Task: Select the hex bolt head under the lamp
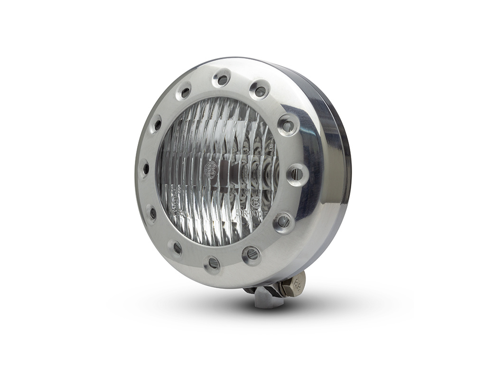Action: click(296, 287)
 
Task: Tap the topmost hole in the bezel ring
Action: click(222, 79)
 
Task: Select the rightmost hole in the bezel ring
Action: click(297, 174)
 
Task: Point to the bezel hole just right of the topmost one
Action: click(259, 90)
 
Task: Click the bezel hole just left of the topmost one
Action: click(184, 92)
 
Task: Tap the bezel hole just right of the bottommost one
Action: click(251, 254)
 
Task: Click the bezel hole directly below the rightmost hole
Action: click(283, 221)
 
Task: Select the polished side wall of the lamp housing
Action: click(327, 181)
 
